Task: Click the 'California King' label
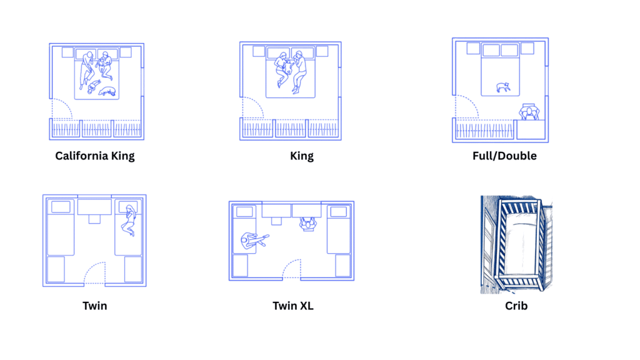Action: point(95,156)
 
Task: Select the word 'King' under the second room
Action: point(302,156)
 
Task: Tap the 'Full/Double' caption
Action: point(504,156)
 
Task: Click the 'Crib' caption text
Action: point(516,306)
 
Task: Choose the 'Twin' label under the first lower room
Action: point(94,306)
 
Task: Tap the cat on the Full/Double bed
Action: point(502,87)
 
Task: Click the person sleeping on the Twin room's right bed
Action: point(129,221)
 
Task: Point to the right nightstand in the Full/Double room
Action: point(527,48)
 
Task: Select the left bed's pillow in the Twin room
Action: point(61,207)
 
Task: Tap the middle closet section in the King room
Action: point(291,129)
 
